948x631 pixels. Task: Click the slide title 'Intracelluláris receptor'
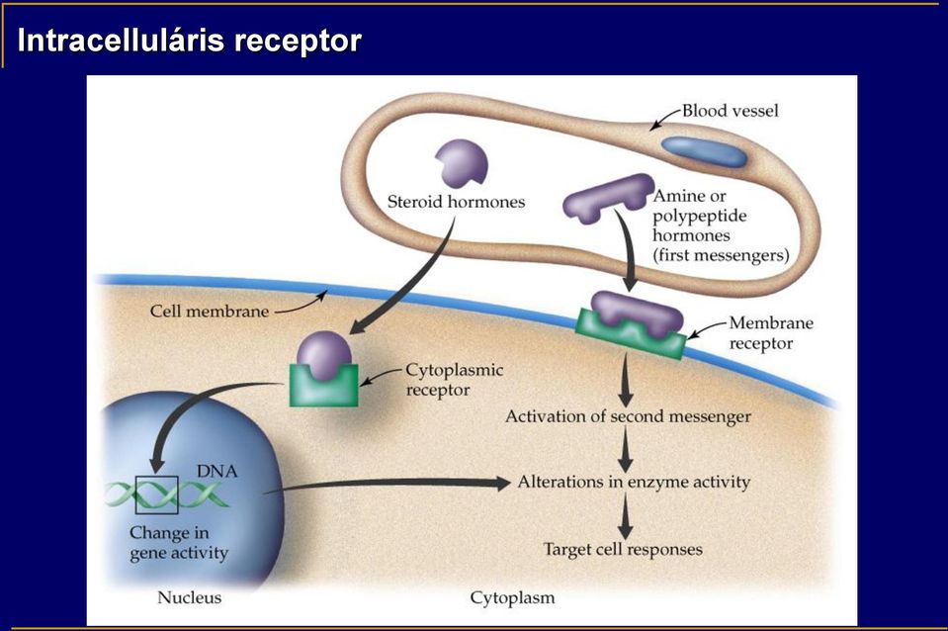click(189, 42)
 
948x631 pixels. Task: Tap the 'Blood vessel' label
click(730, 111)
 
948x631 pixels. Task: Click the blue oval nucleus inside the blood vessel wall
click(704, 151)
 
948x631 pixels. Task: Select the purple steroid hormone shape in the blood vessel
click(462, 163)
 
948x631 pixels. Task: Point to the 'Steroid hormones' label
click(456, 202)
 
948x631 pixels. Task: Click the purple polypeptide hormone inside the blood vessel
click(608, 198)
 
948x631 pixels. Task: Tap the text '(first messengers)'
click(721, 255)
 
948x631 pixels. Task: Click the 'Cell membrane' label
click(210, 311)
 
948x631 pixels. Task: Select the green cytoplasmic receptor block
click(324, 386)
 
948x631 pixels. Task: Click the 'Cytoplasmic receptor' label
click(454, 380)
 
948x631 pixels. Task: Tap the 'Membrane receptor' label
click(771, 332)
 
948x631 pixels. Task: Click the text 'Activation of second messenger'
click(628, 416)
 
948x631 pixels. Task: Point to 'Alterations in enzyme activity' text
click(634, 482)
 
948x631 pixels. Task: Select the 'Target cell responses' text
click(623, 549)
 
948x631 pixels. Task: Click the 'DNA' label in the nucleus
click(216, 472)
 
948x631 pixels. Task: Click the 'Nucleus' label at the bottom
click(189, 597)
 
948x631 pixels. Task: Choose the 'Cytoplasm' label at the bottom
click(512, 598)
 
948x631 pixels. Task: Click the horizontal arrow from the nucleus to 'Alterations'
click(387, 484)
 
